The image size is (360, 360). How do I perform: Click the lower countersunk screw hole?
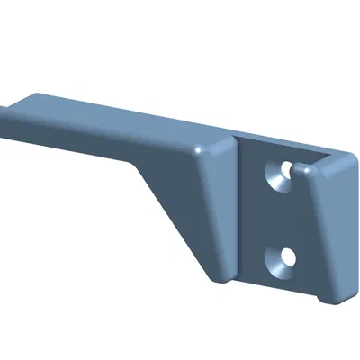[x=283, y=259]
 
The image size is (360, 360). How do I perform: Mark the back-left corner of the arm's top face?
[x=36, y=93]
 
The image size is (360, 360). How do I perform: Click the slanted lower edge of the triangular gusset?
[x=175, y=216]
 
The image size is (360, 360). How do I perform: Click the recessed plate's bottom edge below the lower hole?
[x=279, y=286]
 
